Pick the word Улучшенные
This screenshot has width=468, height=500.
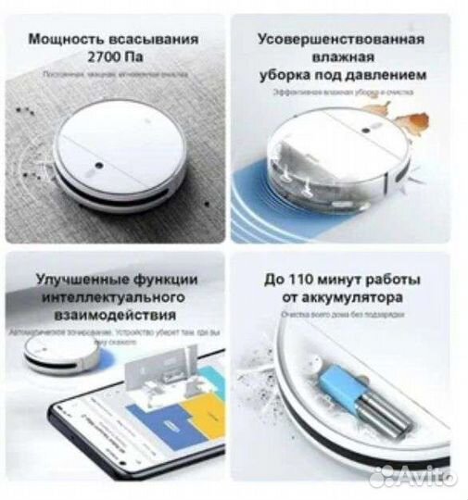(x=78, y=279)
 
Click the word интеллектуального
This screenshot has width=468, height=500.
(x=113, y=297)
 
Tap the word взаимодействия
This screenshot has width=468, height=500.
(x=113, y=316)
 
